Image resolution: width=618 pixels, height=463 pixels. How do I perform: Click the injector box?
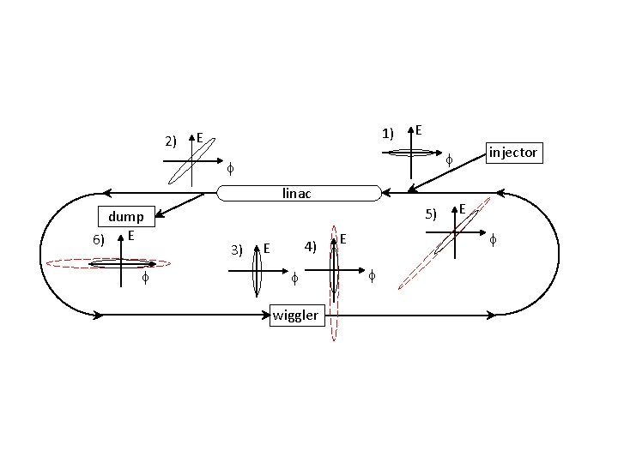point(514,153)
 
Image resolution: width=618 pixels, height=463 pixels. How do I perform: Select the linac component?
point(300,193)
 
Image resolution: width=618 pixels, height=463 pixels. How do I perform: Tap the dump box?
point(126,216)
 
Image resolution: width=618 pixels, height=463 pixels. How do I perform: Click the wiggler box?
point(297,316)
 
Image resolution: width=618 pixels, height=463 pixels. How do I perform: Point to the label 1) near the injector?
point(388,134)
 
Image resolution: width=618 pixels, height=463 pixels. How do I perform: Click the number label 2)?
point(171,141)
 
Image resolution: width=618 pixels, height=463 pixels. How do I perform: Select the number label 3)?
point(237,250)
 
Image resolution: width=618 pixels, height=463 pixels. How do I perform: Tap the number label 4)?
point(310,247)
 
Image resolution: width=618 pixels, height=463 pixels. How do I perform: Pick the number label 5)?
point(431,214)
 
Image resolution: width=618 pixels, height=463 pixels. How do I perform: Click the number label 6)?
point(99,240)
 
